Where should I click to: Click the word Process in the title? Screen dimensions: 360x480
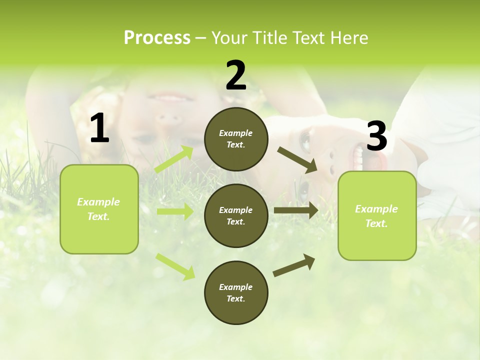click(157, 37)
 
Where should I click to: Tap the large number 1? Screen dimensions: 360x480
click(99, 128)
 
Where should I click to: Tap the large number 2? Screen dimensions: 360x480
click(236, 75)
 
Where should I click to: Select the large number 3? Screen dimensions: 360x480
click(376, 136)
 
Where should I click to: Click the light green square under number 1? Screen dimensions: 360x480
click(99, 209)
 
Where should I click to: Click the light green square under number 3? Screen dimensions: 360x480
click(377, 215)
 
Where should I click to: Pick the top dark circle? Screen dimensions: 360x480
click(236, 139)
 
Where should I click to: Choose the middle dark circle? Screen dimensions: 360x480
click(236, 215)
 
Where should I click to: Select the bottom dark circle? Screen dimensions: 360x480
click(236, 292)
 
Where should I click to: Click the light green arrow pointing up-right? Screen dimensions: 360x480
click(174, 159)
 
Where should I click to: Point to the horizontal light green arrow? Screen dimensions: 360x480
click(175, 211)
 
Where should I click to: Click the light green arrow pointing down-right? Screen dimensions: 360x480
click(175, 266)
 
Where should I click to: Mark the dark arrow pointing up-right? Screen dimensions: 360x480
click(294, 265)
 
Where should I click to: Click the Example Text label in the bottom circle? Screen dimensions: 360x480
click(236, 292)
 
